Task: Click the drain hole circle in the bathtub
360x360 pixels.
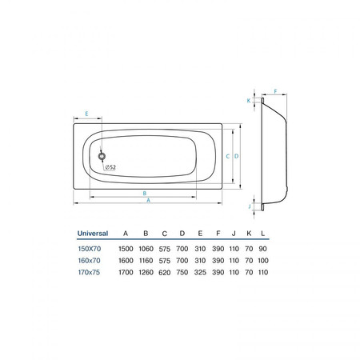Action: tap(102, 156)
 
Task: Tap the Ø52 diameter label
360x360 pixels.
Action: tap(110, 167)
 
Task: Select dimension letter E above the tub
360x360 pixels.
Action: tap(86, 114)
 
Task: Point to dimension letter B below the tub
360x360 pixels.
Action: tap(145, 193)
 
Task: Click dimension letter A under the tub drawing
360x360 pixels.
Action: tap(149, 200)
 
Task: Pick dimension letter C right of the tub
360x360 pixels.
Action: tap(228, 156)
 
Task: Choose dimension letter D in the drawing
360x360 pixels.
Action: tap(236, 156)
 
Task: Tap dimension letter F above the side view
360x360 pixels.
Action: tap(276, 91)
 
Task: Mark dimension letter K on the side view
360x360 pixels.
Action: tap(249, 101)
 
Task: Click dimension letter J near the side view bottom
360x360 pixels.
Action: tap(250, 206)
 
